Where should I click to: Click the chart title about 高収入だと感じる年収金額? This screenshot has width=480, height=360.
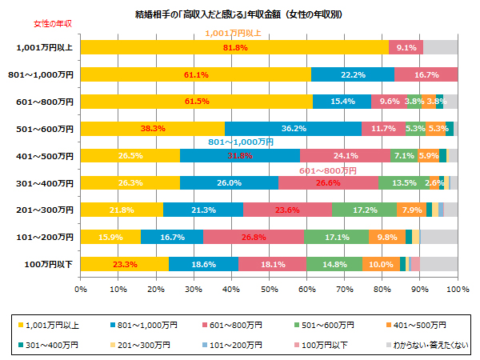pyautogui.click(x=239, y=14)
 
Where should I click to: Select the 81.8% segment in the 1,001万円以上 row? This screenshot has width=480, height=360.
pyautogui.click(x=234, y=48)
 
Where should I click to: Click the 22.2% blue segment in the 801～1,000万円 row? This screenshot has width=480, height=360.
pyautogui.click(x=353, y=75)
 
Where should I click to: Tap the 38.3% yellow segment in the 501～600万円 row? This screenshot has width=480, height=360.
pyautogui.click(x=153, y=128)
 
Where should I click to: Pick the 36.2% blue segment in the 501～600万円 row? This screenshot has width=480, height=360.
pyautogui.click(x=293, y=128)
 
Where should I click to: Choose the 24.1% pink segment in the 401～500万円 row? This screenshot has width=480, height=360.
pyautogui.click(x=345, y=155)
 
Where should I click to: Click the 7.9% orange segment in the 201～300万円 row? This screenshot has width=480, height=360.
pyautogui.click(x=411, y=210)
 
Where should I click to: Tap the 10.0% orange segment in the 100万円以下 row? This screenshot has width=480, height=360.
pyautogui.click(x=381, y=264)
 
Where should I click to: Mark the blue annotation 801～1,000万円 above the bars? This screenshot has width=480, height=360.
pyautogui.click(x=241, y=142)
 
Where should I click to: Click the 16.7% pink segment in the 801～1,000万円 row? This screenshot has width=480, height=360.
pyautogui.click(x=426, y=75)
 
